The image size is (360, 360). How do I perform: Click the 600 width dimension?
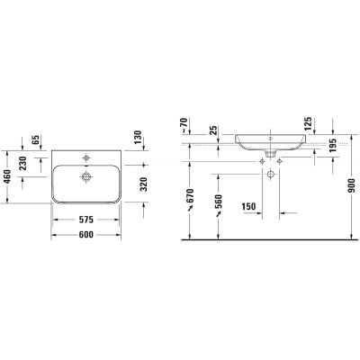(86, 234)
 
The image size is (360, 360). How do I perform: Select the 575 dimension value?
(86, 220)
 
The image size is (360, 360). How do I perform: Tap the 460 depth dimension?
(7, 176)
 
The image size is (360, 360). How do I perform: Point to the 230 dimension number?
(22, 163)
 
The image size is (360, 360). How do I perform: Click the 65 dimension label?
(36, 139)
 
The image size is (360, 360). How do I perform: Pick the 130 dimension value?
(138, 137)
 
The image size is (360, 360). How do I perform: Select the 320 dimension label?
(144, 184)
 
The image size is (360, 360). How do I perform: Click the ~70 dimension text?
(184, 125)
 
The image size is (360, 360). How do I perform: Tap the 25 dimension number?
(213, 130)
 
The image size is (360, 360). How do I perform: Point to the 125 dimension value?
(308, 124)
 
